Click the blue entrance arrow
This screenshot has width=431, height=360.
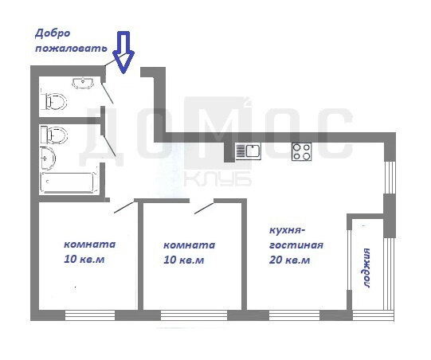123,53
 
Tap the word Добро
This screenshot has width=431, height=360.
53,33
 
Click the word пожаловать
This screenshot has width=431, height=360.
71,49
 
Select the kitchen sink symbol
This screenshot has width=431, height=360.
248,151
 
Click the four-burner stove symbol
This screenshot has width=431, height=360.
301,151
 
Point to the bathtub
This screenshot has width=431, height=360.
69,182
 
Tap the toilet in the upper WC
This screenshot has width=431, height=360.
56,102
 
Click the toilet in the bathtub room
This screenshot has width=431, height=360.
54,135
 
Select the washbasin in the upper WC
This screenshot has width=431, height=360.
83,83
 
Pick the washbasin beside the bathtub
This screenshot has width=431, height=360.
48,158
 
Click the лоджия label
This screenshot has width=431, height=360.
366,268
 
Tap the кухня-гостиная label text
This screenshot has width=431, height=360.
296,237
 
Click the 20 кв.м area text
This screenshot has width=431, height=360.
289,260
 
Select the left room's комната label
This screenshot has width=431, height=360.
89,245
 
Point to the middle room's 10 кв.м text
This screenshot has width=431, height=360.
183,260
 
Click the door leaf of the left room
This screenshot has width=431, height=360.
124,207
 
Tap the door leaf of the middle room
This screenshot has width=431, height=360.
204,209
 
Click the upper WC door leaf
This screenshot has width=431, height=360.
108,93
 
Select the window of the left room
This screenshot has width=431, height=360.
90,315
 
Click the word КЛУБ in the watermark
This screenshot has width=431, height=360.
217,179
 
